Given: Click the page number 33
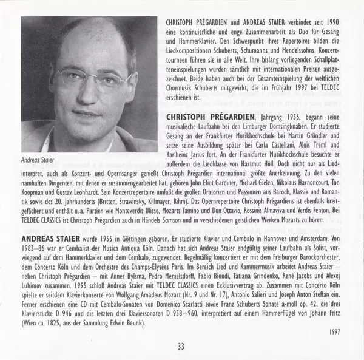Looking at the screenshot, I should [x=181, y=347].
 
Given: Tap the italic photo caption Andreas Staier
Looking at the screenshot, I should [x=39, y=160].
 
